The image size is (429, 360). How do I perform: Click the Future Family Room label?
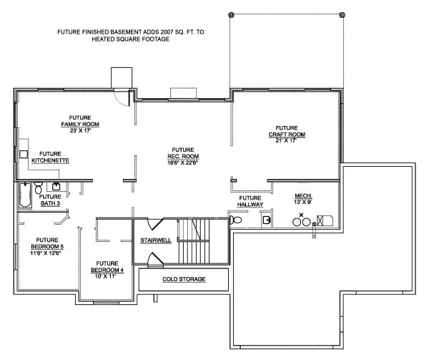coord(79,120)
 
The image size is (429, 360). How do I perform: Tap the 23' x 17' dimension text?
coord(79,131)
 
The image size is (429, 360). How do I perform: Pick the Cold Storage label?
coord(184,278)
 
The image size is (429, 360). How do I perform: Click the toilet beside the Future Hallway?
coord(237,221)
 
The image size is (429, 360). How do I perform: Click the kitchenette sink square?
coord(23,153)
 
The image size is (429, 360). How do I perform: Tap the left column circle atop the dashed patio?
coord(230,15)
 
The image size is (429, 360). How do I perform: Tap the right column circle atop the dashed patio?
coord(342,15)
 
